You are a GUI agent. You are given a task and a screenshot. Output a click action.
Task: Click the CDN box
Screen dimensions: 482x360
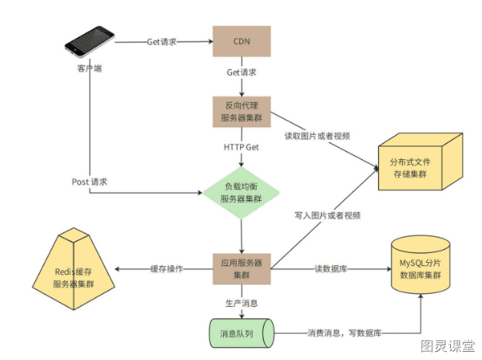(x=242, y=42)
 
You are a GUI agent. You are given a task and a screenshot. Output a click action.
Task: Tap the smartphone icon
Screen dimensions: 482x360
(x=89, y=42)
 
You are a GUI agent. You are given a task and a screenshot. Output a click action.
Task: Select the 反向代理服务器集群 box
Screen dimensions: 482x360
(x=242, y=112)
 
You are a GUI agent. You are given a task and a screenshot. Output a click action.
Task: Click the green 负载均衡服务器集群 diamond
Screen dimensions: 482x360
(x=241, y=193)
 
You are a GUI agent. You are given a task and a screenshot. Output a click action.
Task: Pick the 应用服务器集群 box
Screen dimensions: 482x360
(x=242, y=269)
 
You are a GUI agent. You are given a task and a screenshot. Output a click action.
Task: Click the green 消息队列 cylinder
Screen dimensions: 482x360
(x=242, y=333)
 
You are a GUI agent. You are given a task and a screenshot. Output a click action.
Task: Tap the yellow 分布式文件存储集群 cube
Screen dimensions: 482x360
(x=421, y=162)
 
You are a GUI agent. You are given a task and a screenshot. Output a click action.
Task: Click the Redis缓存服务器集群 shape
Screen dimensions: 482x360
(x=74, y=269)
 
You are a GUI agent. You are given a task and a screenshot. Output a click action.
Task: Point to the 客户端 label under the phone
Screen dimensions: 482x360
(x=89, y=68)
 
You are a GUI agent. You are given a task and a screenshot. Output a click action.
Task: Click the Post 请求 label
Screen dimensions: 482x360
(x=89, y=182)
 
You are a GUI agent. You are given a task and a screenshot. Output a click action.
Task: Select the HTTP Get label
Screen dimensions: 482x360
(x=241, y=148)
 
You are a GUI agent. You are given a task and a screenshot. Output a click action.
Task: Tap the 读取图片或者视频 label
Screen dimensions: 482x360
(x=317, y=136)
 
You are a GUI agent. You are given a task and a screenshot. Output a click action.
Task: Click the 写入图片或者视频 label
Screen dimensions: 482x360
(x=328, y=216)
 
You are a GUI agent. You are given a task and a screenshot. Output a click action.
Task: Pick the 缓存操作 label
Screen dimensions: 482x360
(x=167, y=269)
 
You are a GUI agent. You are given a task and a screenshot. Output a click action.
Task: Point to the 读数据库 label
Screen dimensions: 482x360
(x=331, y=269)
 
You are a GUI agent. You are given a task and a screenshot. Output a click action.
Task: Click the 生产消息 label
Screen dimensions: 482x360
(x=242, y=304)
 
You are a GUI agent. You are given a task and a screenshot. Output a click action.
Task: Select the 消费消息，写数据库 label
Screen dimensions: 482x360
(x=344, y=333)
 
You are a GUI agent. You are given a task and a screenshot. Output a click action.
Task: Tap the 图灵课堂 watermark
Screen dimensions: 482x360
(x=448, y=346)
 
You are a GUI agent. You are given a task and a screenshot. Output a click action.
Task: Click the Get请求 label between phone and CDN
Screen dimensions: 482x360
(x=162, y=42)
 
